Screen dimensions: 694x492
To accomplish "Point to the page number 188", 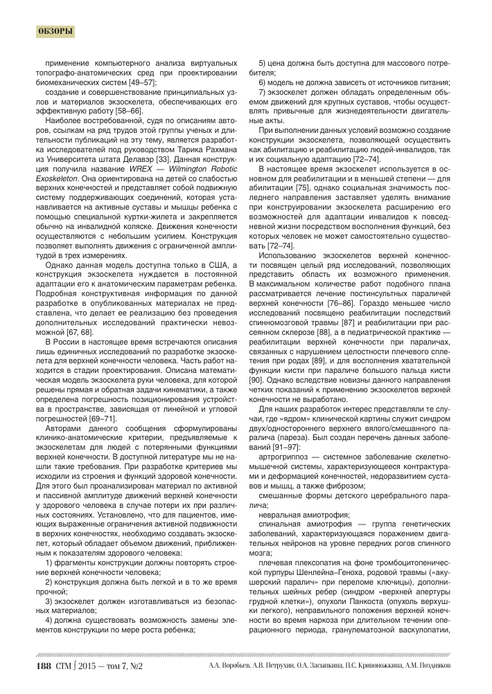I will click(x=43, y=667).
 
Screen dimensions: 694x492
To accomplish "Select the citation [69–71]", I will click(x=100, y=420).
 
